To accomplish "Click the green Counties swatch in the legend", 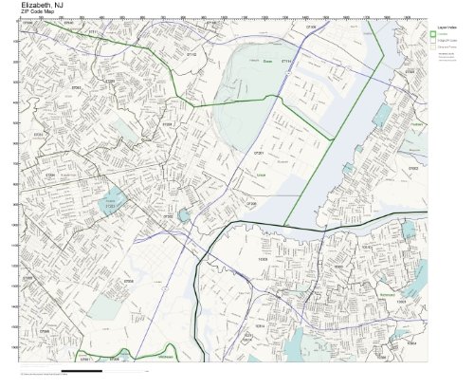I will pyautogui.click(x=433, y=36).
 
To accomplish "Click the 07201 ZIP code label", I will pyautogui.click(x=257, y=152).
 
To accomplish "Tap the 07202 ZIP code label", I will pyautogui.click(x=168, y=216).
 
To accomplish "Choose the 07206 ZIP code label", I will pyautogui.click(x=251, y=202).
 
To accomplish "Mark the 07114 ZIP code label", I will pyautogui.click(x=288, y=62).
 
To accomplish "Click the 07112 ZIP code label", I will pyautogui.click(x=191, y=56).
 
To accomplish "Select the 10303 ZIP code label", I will pyautogui.click(x=263, y=258).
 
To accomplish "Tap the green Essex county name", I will pyautogui.click(x=267, y=62).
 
